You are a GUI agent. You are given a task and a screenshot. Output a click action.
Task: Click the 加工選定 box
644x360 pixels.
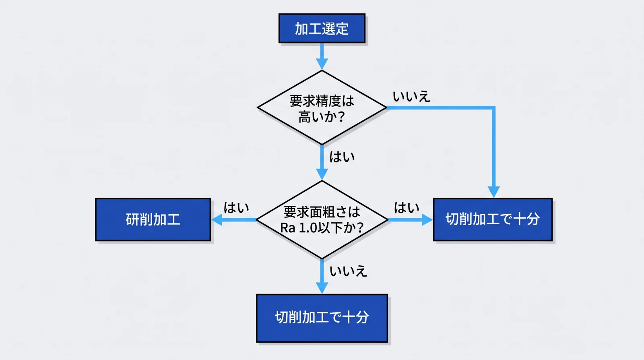(x=322, y=29)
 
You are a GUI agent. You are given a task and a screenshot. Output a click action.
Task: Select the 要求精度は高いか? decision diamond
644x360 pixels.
(x=322, y=108)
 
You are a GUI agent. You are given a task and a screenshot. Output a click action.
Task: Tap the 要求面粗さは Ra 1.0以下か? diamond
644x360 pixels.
(x=322, y=219)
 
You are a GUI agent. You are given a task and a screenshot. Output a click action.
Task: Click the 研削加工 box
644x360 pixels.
(x=153, y=219)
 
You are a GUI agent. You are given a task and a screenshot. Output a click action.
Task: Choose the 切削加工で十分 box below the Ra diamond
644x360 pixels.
(x=322, y=318)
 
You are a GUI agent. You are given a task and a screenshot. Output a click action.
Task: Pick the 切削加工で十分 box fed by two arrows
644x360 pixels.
(x=492, y=219)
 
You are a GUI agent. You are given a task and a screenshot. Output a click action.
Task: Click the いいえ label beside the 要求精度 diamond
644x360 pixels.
(x=411, y=97)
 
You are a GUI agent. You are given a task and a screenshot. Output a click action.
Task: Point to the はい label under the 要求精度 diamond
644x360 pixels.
(x=342, y=157)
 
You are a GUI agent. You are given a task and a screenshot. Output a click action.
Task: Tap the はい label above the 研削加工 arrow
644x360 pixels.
(x=236, y=208)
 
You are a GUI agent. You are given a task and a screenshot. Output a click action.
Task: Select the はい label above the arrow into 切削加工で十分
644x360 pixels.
(x=407, y=208)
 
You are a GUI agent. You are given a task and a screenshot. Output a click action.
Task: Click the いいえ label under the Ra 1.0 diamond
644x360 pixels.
(x=348, y=271)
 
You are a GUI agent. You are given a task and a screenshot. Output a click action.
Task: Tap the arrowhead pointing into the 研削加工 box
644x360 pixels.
(x=217, y=219)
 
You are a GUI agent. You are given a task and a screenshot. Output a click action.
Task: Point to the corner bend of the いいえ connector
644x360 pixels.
(x=493, y=108)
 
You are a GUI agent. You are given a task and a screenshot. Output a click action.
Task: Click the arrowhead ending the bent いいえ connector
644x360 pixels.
(x=493, y=192)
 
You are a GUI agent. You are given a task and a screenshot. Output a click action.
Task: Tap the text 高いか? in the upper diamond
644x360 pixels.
(x=322, y=117)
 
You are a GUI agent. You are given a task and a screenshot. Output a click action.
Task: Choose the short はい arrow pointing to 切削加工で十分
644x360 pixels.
(x=410, y=219)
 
